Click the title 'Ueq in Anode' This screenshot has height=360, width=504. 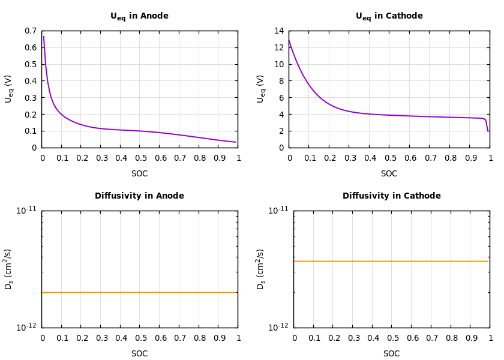coord(139,16)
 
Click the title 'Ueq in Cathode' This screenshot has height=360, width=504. coord(389,16)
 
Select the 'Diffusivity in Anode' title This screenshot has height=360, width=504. coord(139,196)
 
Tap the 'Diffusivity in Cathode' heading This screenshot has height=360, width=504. coord(391,196)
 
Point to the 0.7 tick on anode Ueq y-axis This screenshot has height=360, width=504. coord(30,31)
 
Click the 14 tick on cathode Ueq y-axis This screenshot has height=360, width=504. coord(278,31)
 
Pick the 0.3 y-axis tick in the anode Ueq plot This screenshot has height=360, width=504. coord(30,98)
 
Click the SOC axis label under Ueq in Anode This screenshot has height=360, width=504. coord(139,174)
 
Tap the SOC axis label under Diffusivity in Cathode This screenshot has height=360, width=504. coord(391,354)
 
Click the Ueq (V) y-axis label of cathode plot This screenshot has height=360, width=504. coord(261,89)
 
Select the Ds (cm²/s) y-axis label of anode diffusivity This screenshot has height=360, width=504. coord(9,269)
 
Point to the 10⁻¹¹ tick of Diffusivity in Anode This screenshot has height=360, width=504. coord(26,211)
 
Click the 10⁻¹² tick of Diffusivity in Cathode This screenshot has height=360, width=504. coord(278,328)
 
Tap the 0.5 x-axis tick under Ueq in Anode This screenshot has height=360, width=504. coord(139,158)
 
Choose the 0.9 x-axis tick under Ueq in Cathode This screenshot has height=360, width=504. coord(470,158)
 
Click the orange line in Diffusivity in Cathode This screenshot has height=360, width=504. coord(391,261)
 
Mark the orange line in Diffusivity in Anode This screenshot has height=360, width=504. coord(139,292)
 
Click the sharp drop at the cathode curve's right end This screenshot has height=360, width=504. coord(487,124)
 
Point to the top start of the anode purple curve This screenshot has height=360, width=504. coord(43,37)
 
